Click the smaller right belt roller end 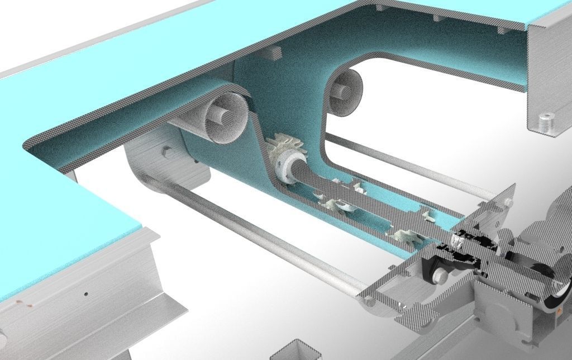(345, 92)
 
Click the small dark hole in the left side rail (85, 292)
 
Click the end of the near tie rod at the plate (369, 302)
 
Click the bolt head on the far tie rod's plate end (508, 202)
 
